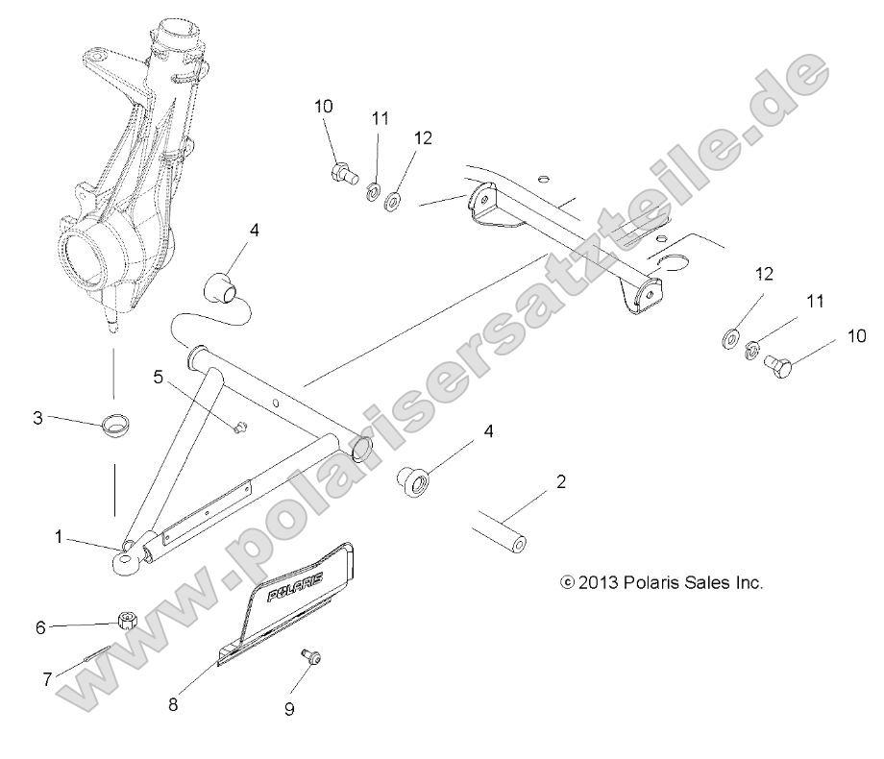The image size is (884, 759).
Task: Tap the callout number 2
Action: click(x=561, y=481)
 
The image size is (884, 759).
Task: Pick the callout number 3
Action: click(x=37, y=418)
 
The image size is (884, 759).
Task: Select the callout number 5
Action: click(x=159, y=377)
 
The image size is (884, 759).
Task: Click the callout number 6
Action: click(x=40, y=627)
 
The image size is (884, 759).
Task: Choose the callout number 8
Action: click(x=173, y=704)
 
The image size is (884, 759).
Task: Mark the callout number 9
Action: click(x=288, y=709)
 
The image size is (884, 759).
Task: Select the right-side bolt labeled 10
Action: click(x=773, y=364)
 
